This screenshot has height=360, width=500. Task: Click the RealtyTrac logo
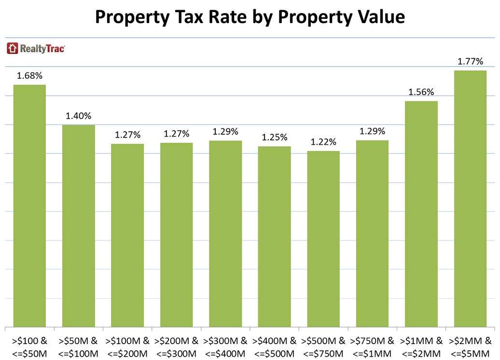pyautogui.click(x=36, y=48)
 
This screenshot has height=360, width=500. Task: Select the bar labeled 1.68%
pyautogui.click(x=29, y=206)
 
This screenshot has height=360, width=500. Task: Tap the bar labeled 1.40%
pyautogui.click(x=79, y=226)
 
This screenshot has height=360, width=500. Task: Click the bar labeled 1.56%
pyautogui.click(x=421, y=214)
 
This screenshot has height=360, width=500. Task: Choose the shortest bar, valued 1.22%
pyautogui.click(x=323, y=239)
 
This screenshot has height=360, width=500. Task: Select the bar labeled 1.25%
pyautogui.click(x=274, y=236)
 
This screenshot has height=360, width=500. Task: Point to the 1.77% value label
pyautogui.click(x=470, y=61)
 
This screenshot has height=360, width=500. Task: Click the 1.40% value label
pyautogui.click(x=79, y=116)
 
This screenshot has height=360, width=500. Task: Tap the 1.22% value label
pyautogui.click(x=323, y=142)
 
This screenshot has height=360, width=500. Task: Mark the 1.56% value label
pyautogui.click(x=421, y=92)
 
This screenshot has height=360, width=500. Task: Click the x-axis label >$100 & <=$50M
pyautogui.click(x=29, y=346)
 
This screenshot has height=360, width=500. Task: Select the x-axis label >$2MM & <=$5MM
pyautogui.click(x=471, y=346)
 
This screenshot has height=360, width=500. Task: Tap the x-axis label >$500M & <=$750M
pyautogui.click(x=323, y=346)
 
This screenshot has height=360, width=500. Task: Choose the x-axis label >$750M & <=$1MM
pyautogui.click(x=372, y=346)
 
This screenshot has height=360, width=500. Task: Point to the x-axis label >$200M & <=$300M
pyautogui.click(x=177, y=346)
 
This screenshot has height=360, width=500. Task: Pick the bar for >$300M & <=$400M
pyautogui.click(x=225, y=234)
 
